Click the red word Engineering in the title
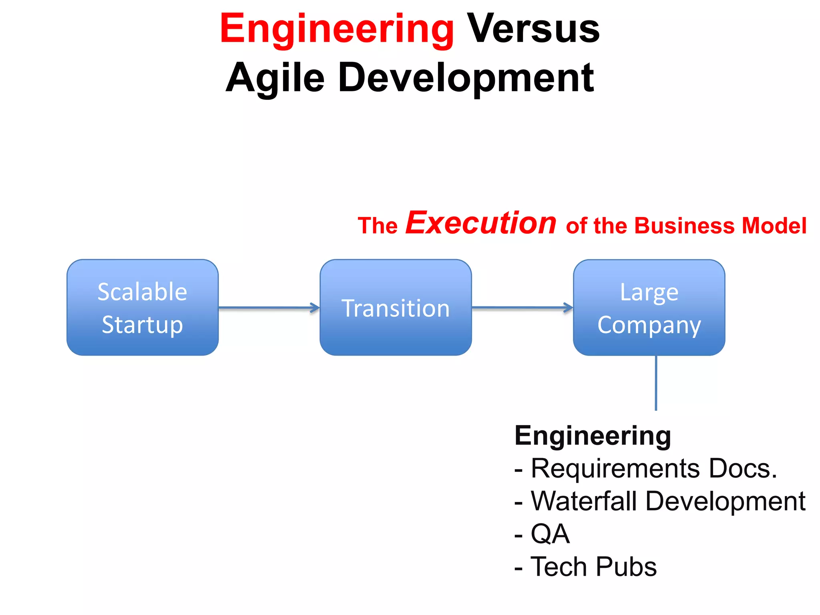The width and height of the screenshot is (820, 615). coord(337,29)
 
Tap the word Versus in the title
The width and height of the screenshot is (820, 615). coord(533,29)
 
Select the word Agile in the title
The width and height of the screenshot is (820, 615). coord(275,78)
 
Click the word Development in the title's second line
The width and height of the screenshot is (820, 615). coord(465,78)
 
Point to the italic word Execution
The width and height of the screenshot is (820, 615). coord(481,223)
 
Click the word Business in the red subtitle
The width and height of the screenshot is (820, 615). coord(685,225)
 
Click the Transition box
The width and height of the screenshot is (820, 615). coord(396,307)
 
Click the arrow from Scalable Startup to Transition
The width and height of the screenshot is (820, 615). coord(269,307)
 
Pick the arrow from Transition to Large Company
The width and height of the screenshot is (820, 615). coord(522,307)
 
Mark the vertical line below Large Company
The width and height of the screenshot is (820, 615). coord(655,382)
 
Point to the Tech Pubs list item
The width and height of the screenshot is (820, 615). coord(593,567)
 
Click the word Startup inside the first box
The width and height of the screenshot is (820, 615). coord(143,324)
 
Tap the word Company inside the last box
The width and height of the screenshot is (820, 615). coord(649,325)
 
